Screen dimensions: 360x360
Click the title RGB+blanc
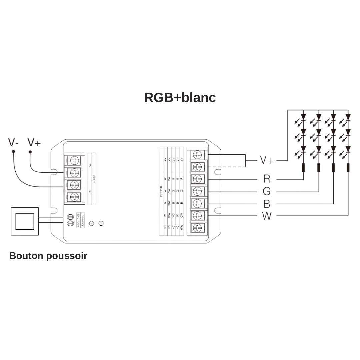pos(180,98)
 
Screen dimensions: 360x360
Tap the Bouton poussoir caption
pos(48,256)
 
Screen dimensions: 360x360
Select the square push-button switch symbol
pos(25,221)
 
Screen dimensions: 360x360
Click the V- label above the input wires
pos(13,143)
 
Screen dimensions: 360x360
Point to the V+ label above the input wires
pos(34,143)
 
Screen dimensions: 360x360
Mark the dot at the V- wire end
pos(13,152)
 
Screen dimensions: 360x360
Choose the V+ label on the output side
pos(266,161)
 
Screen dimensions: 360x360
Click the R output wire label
pos(267,179)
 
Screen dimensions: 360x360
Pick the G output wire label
pos(267,192)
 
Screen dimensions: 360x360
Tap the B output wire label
pos(267,204)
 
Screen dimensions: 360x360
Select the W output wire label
pos(267,216)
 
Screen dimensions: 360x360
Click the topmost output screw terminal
pos(197,154)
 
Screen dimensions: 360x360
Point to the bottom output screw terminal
pos(197,228)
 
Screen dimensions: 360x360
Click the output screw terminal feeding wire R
pos(197,179)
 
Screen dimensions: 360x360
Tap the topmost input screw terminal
pos(74,160)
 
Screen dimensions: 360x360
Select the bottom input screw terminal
pos(74,197)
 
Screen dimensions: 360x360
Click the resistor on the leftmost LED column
pos(303,168)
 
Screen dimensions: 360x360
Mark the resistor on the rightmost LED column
pos(348,168)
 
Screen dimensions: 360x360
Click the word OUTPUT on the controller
pos(161,192)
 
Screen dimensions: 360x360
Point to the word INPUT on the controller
pos(94,179)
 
